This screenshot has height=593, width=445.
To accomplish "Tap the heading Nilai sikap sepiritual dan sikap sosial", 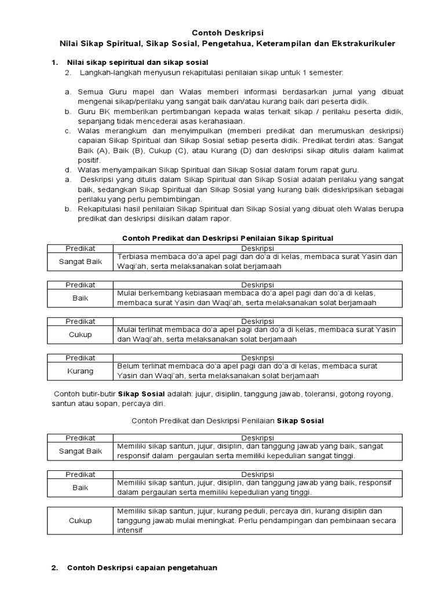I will coord(138,62).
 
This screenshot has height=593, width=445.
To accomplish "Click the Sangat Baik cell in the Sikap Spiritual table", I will coord(81,261).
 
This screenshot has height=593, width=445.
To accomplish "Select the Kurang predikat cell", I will coord(81,371).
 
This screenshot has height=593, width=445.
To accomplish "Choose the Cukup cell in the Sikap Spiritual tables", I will coord(81,334).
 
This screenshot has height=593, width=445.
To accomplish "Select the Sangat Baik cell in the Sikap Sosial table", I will coord(81,451).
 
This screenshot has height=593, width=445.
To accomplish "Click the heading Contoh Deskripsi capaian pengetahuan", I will coord(142,568).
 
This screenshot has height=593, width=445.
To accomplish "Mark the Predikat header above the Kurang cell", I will coord(81,358).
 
